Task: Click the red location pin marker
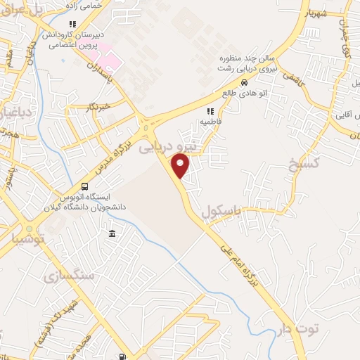(181, 166)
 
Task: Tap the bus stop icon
(85, 186)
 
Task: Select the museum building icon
(112, 233)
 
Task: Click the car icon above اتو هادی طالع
(244, 82)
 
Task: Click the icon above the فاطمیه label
(210, 111)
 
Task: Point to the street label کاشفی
(295, 84)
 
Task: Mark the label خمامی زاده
(87, 6)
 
